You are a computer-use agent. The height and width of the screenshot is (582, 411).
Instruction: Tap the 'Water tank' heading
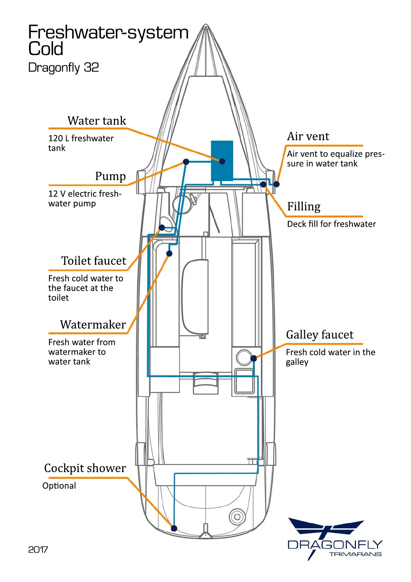97,121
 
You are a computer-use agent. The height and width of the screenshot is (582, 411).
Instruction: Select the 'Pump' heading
110,176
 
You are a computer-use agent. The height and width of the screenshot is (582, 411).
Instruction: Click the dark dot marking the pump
186,161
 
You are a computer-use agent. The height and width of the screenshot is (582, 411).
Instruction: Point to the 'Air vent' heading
308,136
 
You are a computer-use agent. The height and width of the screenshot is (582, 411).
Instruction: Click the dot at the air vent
276,184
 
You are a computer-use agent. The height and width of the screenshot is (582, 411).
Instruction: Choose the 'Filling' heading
304,206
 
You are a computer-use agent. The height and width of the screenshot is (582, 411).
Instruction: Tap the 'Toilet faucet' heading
94,261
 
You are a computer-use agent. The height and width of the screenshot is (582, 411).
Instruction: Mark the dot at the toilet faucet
162,227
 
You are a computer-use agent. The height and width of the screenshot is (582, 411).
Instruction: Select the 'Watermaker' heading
93,325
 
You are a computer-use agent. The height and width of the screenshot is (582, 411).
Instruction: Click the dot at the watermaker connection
169,253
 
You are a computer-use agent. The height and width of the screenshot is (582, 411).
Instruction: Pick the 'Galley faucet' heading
319,335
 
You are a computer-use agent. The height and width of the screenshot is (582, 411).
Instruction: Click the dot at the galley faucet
254,358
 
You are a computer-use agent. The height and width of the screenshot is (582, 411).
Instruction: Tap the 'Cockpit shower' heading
85,468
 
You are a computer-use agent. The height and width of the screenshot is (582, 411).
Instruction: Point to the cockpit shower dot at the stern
174,528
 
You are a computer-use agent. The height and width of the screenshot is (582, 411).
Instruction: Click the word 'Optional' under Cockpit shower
59,486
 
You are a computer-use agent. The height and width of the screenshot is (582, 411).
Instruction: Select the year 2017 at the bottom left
38,550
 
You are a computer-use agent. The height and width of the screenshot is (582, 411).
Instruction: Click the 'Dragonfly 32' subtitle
64,67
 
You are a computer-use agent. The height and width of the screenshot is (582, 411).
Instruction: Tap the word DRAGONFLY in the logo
335,545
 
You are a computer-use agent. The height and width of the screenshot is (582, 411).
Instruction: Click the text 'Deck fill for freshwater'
331,224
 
